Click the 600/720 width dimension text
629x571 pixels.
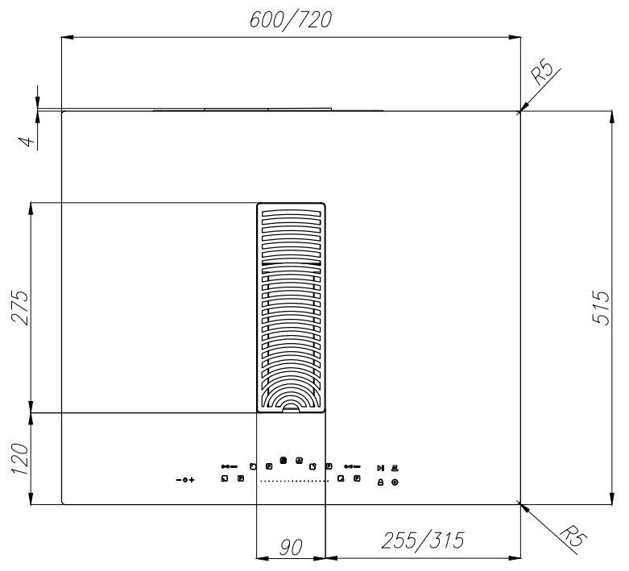click(x=291, y=20)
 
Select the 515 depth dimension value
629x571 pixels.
click(x=601, y=308)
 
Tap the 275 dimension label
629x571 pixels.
click(x=20, y=307)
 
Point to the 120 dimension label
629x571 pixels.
click(x=20, y=458)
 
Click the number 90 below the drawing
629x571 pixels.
click(x=291, y=548)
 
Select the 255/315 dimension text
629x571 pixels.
click(x=423, y=540)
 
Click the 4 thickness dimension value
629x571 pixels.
click(x=26, y=141)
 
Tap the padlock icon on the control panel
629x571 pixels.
click(x=380, y=482)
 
